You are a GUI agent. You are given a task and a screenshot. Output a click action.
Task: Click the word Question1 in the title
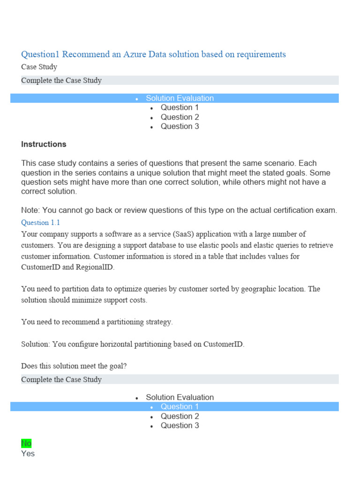tap(41, 54)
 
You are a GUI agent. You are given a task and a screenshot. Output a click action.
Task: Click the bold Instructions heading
tap(44, 144)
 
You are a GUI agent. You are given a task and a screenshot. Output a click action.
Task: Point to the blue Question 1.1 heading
tap(40, 223)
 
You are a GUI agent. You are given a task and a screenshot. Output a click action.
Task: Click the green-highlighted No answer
tap(26, 443)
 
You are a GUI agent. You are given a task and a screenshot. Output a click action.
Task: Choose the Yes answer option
tap(28, 454)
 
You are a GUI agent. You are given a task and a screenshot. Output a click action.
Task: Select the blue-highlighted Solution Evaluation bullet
tap(180, 98)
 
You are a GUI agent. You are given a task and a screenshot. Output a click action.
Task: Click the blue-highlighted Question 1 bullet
tap(180, 407)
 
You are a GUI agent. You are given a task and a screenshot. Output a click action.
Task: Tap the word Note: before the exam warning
tap(31, 210)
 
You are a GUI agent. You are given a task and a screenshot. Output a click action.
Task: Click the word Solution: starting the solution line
tap(36, 344)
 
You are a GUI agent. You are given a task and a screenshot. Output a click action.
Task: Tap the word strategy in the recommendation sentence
tap(157, 322)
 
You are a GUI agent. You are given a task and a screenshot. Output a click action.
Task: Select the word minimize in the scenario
tap(92, 300)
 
